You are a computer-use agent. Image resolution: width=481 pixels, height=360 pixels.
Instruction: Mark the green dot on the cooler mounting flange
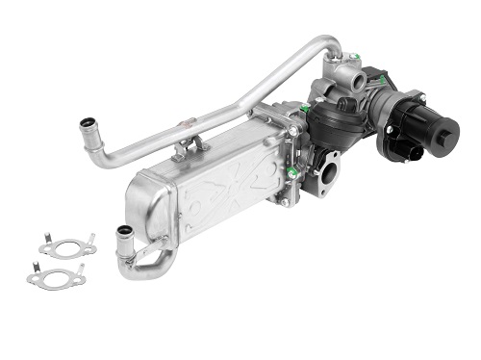click(x=291, y=173)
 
